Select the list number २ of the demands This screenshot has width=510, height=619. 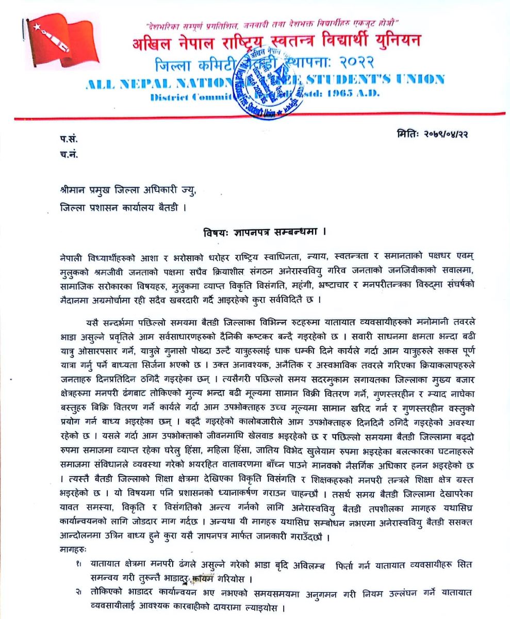77,593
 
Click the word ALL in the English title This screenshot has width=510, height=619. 101,80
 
